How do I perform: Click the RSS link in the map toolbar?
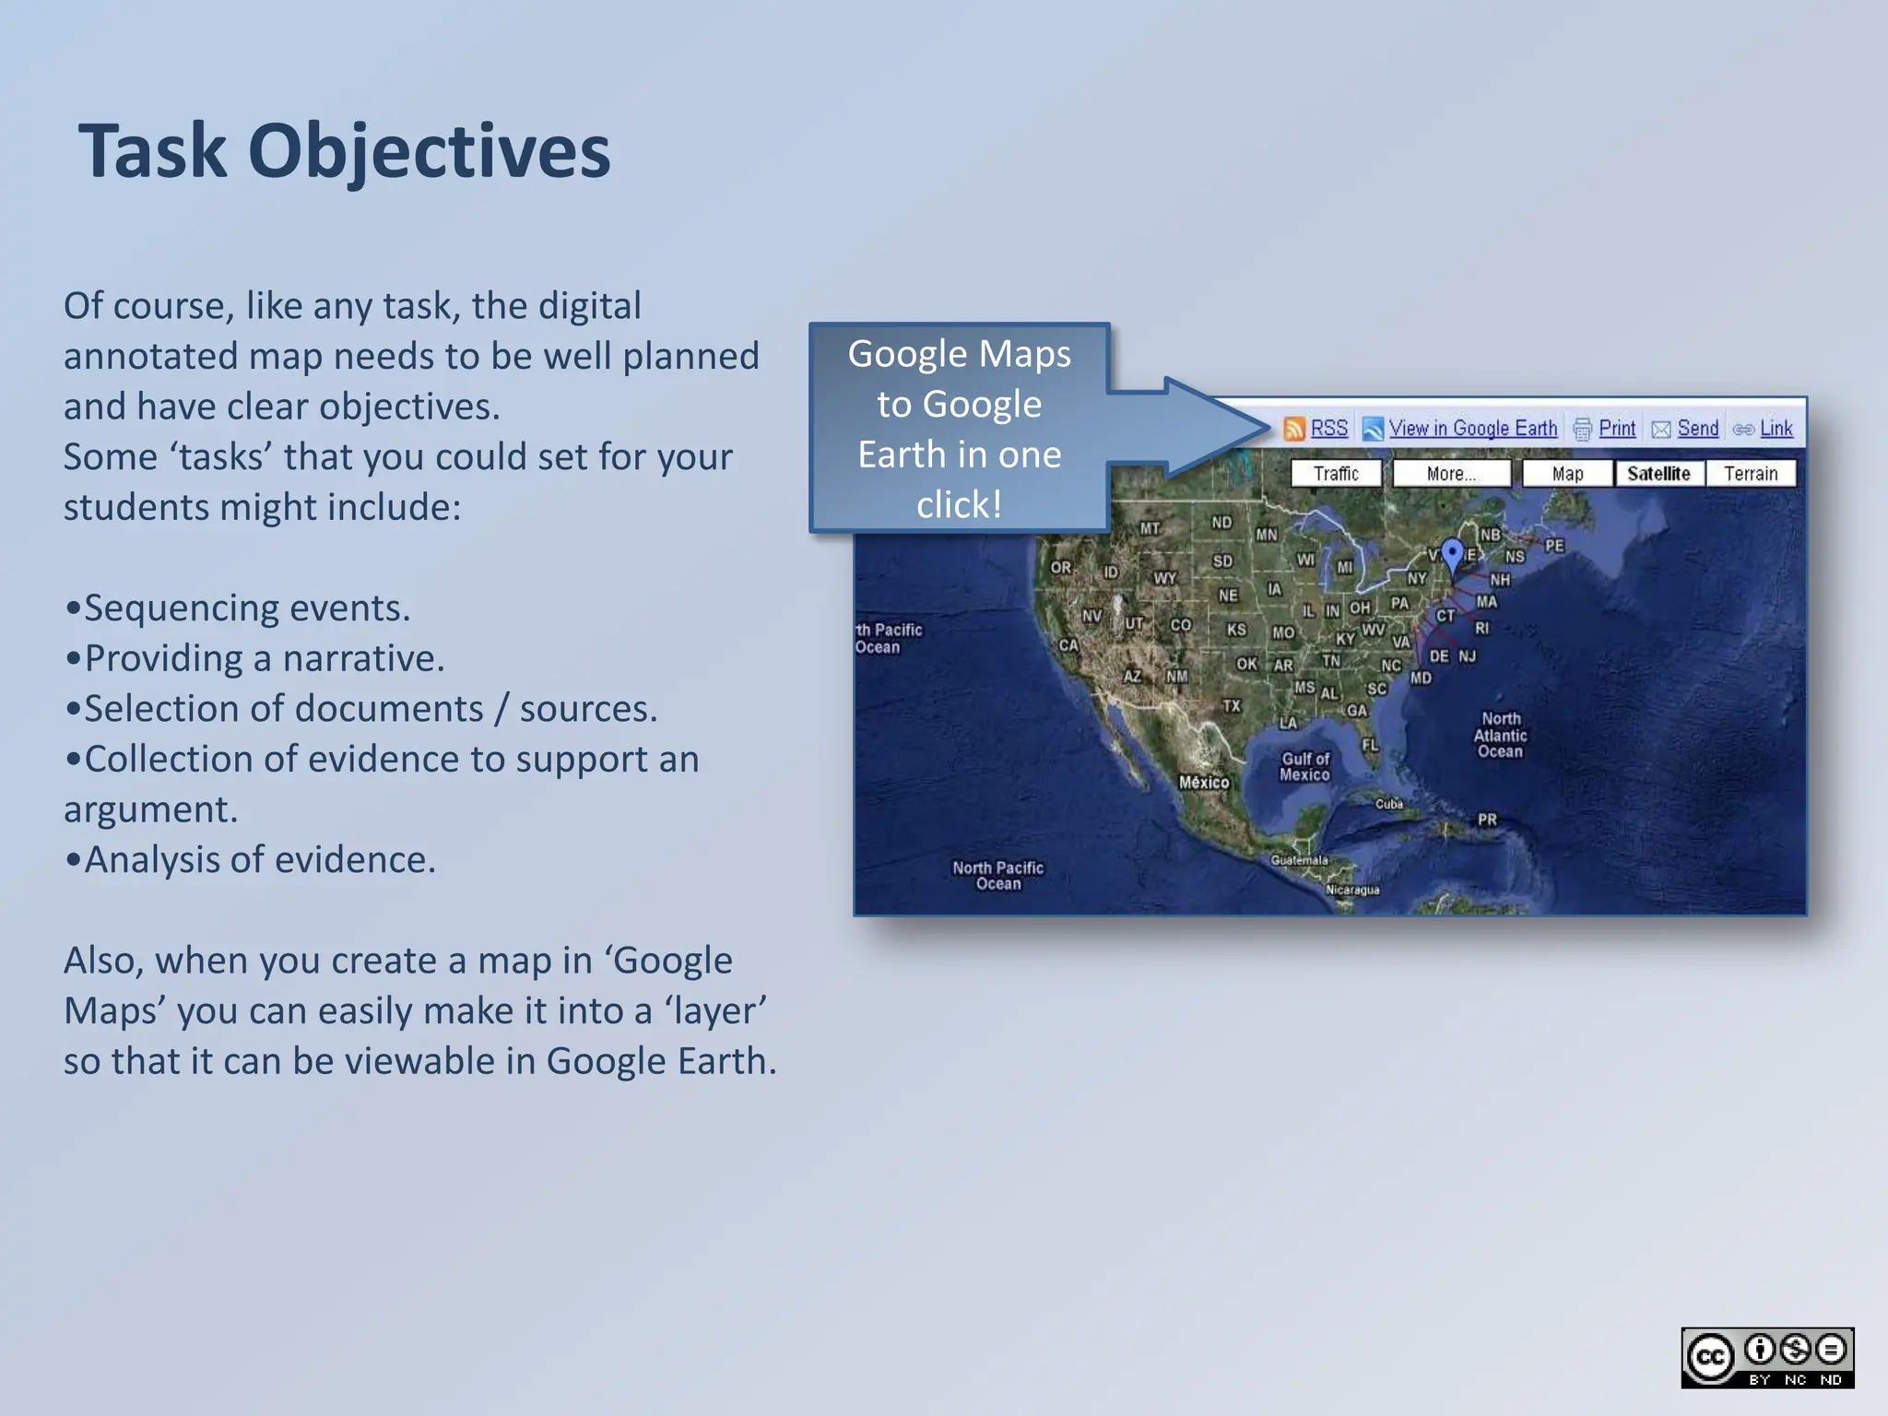(1328, 429)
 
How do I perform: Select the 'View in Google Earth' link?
(1472, 429)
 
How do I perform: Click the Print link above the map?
(1616, 429)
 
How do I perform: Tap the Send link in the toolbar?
(1697, 429)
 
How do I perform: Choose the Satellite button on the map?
(1658, 474)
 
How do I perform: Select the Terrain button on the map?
(1750, 474)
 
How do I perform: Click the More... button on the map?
(1451, 474)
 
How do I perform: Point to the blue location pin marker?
(1452, 554)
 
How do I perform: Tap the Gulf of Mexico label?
(1304, 767)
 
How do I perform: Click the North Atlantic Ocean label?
(1500, 735)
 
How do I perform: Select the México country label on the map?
(1204, 783)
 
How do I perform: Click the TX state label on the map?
(1232, 706)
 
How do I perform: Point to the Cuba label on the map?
(1389, 804)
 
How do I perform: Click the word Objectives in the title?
(429, 152)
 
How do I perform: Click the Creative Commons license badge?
(1766, 1358)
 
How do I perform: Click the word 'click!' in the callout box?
(959, 505)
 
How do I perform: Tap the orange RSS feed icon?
(1294, 429)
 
